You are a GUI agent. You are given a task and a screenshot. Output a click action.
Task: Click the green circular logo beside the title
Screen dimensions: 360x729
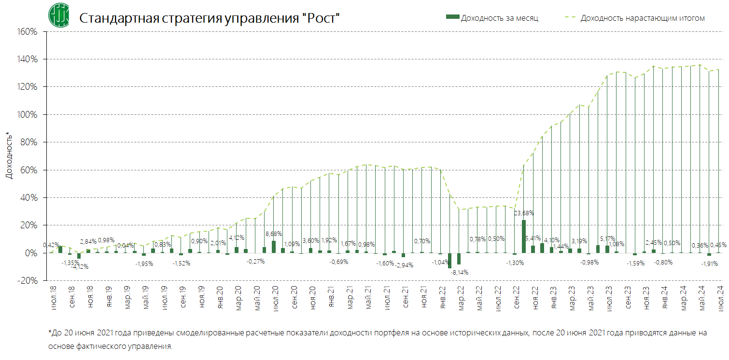tap(59, 15)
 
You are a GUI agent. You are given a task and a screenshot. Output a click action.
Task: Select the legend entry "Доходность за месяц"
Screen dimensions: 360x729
tap(492, 18)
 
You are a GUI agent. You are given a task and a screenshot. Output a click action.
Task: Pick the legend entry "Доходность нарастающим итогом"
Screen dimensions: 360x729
tap(635, 18)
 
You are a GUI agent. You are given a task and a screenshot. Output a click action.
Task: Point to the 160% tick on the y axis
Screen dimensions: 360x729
tap(28, 32)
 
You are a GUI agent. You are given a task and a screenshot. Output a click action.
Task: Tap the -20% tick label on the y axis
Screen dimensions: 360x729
tap(28, 281)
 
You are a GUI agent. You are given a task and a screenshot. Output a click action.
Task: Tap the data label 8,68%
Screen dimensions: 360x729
tap(274, 234)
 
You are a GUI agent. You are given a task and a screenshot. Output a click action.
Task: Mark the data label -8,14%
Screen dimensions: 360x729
tap(459, 272)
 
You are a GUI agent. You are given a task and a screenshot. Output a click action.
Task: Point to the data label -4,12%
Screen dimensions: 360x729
tap(80, 266)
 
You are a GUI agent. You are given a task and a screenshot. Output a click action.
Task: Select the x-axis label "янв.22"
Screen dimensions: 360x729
tap(442, 297)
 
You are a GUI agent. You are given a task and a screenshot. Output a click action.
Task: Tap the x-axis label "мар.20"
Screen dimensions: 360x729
tap(238, 297)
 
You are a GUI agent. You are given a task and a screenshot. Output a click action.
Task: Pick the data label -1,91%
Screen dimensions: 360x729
tap(709, 263)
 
